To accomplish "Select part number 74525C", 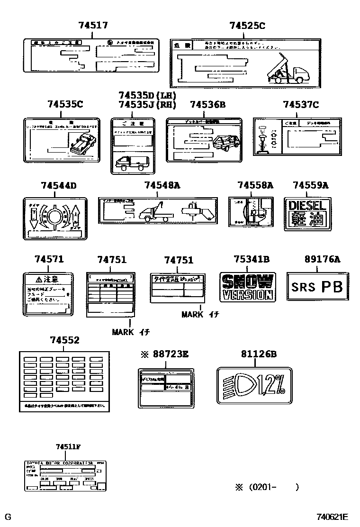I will tap(247, 26).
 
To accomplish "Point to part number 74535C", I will tap(65, 104).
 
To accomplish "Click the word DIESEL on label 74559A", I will tap(307, 205).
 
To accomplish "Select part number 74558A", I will tap(255, 185).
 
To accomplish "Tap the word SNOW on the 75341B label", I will tap(247, 282).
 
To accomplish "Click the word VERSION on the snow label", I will tap(247, 295).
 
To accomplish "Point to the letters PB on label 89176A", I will tap(332, 287).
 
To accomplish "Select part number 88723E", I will tap(169, 354).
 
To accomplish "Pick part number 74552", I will tap(65, 340).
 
